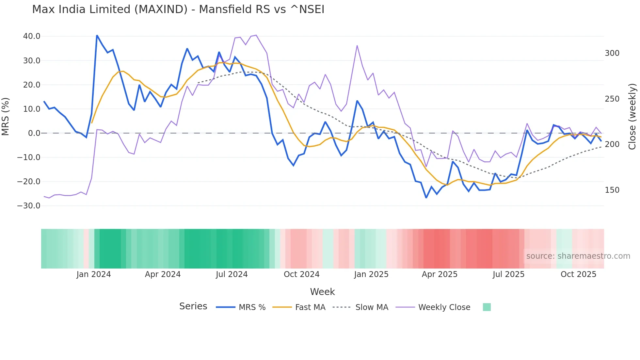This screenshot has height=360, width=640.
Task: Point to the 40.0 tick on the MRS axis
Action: click(x=32, y=36)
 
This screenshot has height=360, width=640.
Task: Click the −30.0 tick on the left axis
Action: click(x=29, y=206)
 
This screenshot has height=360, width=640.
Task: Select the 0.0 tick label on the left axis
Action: click(x=34, y=133)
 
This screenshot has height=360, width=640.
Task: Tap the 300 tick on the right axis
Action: click(x=612, y=53)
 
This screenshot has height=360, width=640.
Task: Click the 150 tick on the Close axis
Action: click(x=612, y=190)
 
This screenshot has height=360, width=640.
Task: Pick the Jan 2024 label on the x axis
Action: click(x=94, y=274)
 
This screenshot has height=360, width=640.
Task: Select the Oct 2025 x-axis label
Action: click(x=578, y=274)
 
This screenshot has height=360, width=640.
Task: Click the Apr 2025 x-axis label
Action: click(x=440, y=274)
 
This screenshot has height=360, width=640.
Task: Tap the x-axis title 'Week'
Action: click(x=322, y=292)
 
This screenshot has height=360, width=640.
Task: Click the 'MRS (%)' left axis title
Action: click(x=6, y=117)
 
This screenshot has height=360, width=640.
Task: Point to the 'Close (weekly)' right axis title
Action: click(x=632, y=117)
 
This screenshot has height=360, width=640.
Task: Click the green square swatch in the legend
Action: click(x=487, y=307)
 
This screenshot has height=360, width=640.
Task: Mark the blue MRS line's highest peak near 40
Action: click(x=97, y=35)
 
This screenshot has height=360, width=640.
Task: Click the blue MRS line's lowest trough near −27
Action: click(x=426, y=198)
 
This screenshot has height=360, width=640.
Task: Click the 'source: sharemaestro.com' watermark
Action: click(x=578, y=256)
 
